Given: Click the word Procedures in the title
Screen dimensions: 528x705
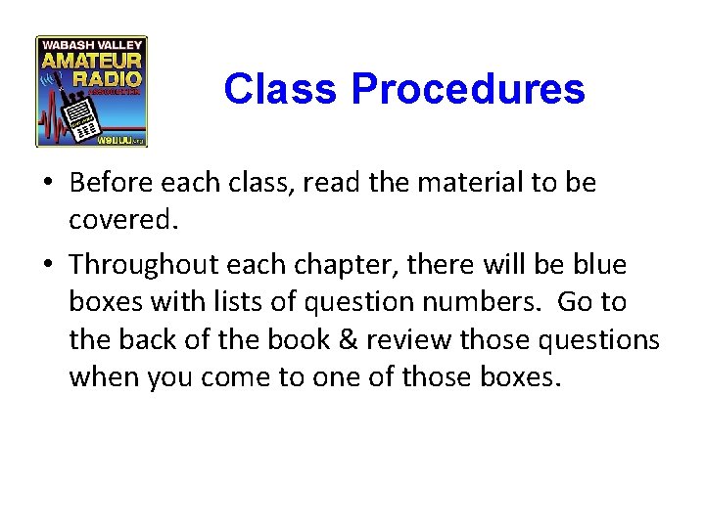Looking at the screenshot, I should (468, 90).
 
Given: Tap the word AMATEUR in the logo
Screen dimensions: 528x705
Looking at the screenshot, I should (91, 63).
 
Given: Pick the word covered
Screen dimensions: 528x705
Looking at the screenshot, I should (124, 221).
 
